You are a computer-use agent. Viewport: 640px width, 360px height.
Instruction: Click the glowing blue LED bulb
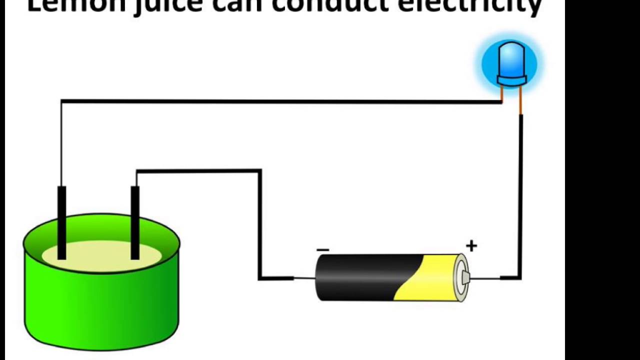coord(510,62)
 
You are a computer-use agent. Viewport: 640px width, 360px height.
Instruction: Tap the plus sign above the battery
coord(471,245)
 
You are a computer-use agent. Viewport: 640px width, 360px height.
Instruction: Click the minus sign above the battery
coord(323,249)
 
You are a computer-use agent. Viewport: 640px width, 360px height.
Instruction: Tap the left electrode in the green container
coord(61,222)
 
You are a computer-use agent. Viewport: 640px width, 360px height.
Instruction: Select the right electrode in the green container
coord(135,222)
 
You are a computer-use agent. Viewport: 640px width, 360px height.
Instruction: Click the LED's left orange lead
coord(502,94)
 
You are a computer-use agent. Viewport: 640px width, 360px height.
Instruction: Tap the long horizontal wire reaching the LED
coord(280,101)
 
